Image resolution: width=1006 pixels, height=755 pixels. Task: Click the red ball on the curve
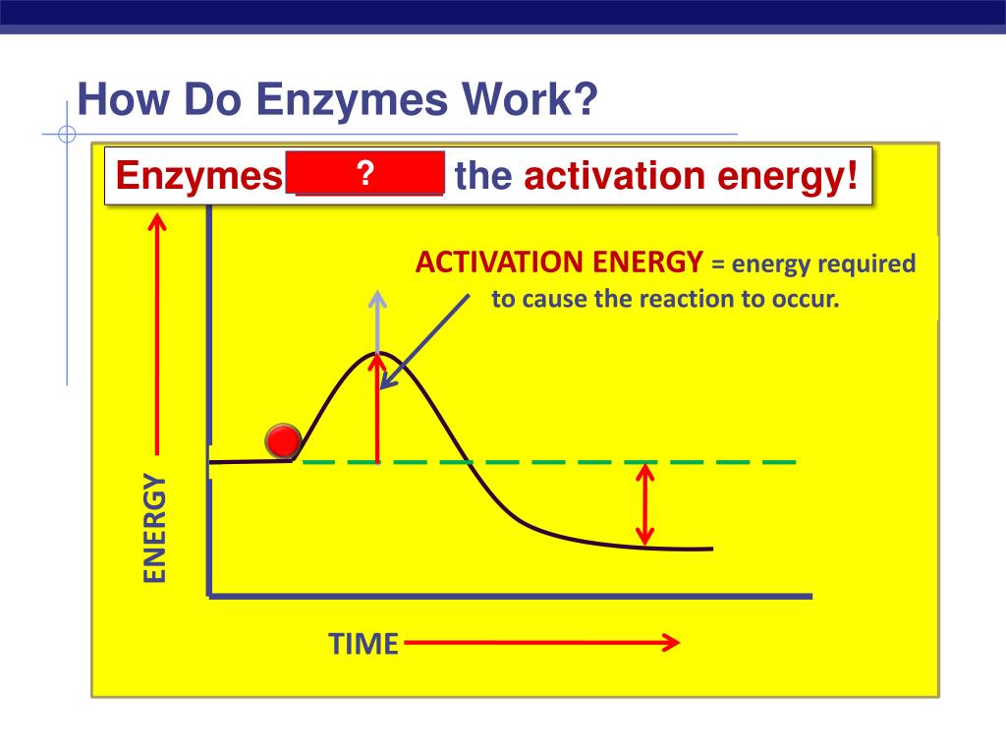tap(283, 442)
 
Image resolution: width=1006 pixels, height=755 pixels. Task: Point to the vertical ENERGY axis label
tap(155, 528)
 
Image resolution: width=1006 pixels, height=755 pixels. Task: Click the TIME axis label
tap(363, 644)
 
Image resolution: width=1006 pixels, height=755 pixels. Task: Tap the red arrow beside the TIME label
tap(541, 644)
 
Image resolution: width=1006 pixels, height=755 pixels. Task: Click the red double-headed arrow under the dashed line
tap(644, 504)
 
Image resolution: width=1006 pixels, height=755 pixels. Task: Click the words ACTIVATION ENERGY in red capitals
tap(559, 263)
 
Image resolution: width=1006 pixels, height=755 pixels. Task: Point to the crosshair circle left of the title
tap(67, 135)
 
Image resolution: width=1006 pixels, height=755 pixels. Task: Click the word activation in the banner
tap(615, 178)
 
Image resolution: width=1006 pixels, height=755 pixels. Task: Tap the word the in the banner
tap(484, 178)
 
